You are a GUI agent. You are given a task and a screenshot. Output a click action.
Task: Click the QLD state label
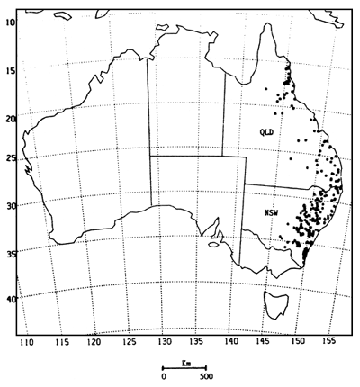point(266,132)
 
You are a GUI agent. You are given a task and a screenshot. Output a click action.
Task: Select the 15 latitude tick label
point(11,71)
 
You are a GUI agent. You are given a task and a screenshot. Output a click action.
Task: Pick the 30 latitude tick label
point(11,206)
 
